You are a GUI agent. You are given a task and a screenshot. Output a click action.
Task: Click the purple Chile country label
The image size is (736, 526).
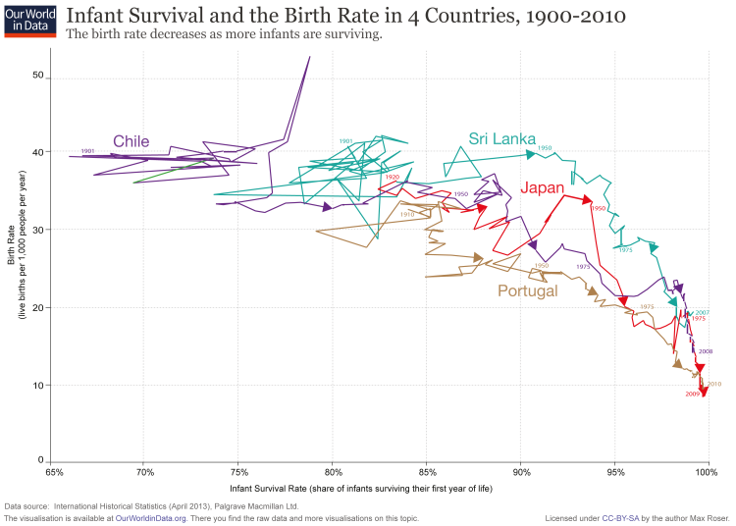tap(131, 141)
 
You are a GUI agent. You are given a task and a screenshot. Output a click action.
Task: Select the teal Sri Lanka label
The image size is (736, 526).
tap(501, 138)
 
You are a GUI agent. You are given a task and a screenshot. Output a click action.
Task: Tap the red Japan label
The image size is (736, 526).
tap(543, 188)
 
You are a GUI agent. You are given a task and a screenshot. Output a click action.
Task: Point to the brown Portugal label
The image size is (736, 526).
tap(527, 291)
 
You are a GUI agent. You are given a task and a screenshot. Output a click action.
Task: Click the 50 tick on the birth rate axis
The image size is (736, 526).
tap(39, 76)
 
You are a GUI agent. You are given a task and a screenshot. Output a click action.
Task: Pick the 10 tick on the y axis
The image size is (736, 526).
tap(39, 385)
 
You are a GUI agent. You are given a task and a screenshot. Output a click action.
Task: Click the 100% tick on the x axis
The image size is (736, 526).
tap(707, 473)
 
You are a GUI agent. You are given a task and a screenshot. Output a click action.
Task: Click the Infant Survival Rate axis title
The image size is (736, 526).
tap(361, 488)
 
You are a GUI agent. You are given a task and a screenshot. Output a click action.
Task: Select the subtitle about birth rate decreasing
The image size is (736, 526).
tap(223, 35)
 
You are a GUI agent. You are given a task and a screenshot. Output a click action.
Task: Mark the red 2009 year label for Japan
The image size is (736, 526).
tap(692, 394)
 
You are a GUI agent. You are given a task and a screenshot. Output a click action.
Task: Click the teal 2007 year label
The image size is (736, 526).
tap(702, 312)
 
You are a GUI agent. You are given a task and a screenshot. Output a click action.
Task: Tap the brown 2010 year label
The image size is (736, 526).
tap(714, 384)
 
